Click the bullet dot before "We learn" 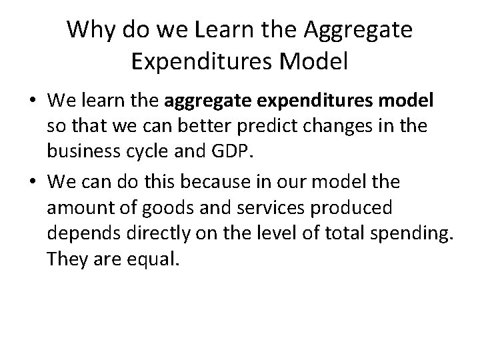point(30,101)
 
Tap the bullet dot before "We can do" point(30,181)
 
